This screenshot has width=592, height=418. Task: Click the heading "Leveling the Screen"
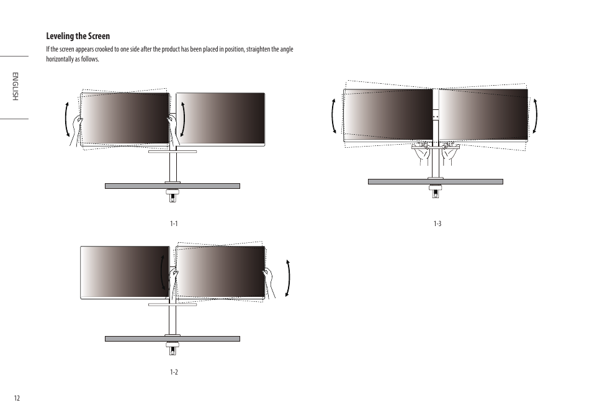coord(78,36)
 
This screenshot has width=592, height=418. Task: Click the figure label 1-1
coord(174,224)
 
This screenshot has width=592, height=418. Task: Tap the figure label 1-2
coord(174,372)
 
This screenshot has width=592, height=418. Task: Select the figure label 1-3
coord(437,224)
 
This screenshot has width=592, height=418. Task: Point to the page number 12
coord(17,398)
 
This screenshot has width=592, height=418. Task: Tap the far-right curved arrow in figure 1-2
coord(288,277)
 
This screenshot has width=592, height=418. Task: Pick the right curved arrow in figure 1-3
coord(536,116)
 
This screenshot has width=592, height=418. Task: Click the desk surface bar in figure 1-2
coord(173,339)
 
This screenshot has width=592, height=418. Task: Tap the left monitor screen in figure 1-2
coord(125,272)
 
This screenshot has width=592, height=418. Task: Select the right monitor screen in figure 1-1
coord(221,119)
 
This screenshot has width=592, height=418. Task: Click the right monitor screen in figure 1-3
coord(483,114)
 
